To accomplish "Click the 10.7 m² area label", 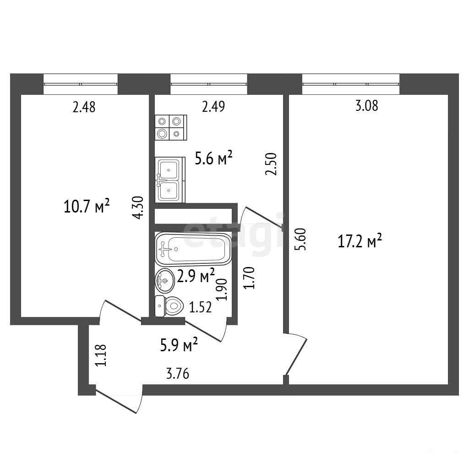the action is pos(87,206).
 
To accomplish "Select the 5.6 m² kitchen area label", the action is pos(213,158).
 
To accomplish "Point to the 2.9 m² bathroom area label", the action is pos(196,275).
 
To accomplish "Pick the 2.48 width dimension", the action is pos(84,107).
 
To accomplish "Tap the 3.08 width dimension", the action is pos(367,106).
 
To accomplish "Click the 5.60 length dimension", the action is pos(300,239).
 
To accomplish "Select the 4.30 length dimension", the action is pos(138,207).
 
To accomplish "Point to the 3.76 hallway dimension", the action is pos(178,374).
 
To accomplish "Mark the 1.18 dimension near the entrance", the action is pos(100,355).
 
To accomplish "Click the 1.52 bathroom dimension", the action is pos(201,307).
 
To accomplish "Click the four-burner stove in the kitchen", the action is pos(171,127).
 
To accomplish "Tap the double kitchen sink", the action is pos(170,180).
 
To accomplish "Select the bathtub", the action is pos(193,249).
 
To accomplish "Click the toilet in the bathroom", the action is pos(169,306).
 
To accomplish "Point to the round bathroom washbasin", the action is pos(165,281).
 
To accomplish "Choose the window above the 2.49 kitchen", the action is pos(209,84).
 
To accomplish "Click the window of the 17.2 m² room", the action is pos(351,84).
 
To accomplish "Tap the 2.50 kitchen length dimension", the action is pos(271,164).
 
